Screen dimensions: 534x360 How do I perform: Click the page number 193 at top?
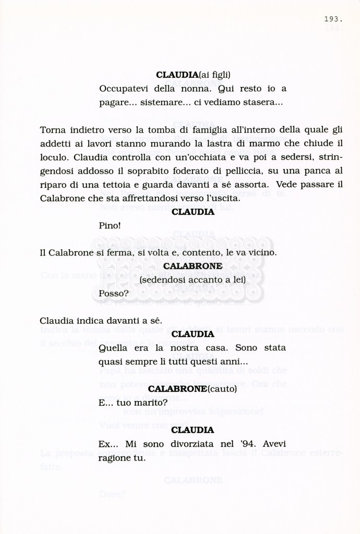[333, 19]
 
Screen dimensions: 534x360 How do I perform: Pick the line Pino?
[110, 226]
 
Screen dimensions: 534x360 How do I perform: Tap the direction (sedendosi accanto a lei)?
[193, 280]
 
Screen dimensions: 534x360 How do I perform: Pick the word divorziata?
[195, 444]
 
